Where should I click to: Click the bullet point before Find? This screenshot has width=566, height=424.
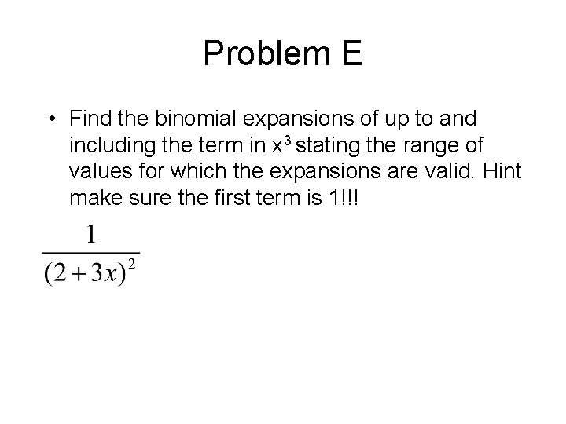(x=50, y=119)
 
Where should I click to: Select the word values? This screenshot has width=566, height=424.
(x=96, y=172)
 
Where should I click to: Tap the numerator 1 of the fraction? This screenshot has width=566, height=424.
(x=91, y=235)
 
